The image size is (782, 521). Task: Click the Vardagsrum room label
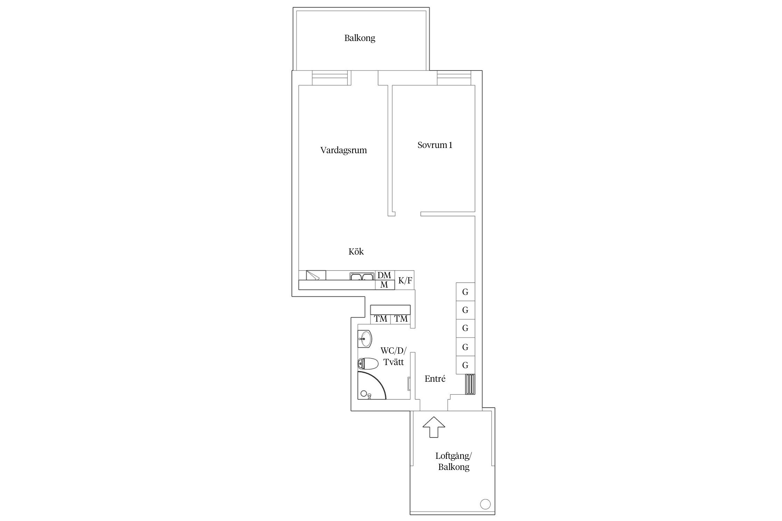[343, 150]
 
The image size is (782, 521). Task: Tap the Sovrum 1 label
[435, 145]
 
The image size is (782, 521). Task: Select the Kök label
[356, 251]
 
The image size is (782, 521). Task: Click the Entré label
[435, 379]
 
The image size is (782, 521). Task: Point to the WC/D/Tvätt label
[393, 356]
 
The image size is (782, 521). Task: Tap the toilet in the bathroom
[368, 364]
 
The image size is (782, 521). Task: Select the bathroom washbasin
[365, 338]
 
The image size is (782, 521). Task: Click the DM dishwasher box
[385, 275]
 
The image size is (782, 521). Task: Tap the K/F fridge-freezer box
[405, 280]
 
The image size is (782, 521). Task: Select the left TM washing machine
[381, 319]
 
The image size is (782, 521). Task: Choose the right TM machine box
[401, 319]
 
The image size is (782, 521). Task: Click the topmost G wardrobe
[465, 292]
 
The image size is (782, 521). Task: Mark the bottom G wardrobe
[465, 365]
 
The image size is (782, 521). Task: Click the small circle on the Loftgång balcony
[485, 504]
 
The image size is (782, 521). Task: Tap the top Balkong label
[360, 38]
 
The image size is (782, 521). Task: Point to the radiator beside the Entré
[470, 384]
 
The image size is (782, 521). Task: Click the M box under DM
[385, 285]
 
